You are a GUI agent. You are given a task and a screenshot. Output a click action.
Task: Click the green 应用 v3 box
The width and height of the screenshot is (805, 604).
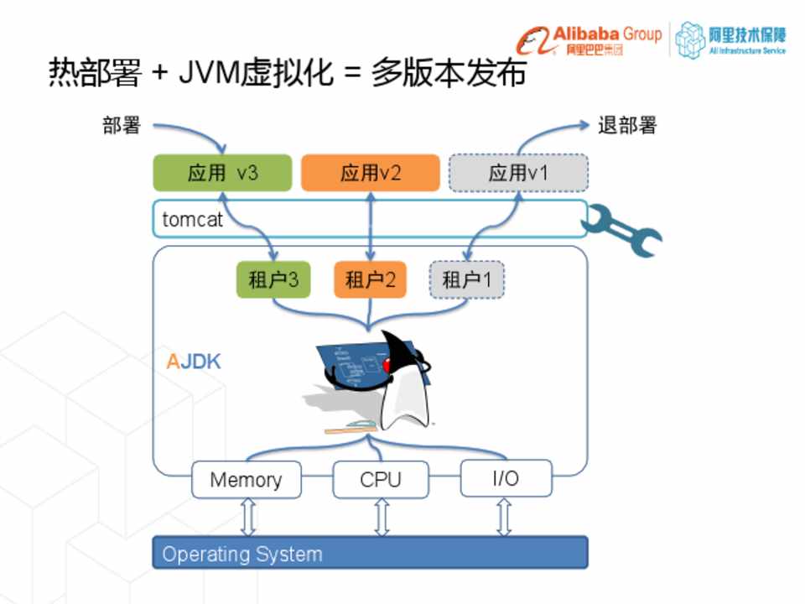[222, 173]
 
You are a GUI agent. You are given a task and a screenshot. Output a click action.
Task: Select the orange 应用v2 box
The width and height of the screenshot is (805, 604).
[370, 173]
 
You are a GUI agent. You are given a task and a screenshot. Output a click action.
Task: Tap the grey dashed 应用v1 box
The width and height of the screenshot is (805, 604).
[518, 173]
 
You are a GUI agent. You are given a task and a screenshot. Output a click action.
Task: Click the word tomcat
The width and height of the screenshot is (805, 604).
[193, 220]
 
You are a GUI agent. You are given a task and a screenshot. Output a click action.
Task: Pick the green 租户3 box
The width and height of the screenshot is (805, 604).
[273, 279]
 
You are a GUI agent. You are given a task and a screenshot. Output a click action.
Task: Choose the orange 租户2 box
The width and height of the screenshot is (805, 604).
[370, 279]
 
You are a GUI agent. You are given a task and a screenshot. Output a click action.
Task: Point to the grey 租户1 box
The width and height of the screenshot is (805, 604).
[466, 279]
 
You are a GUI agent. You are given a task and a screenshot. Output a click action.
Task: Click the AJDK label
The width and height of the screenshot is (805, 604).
[194, 362]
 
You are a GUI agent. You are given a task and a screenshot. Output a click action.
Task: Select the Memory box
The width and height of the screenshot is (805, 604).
[246, 480]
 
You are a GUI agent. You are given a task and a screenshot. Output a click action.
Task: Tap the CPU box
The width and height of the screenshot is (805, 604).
[381, 480]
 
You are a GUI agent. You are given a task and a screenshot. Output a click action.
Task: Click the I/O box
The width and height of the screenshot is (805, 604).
[506, 479]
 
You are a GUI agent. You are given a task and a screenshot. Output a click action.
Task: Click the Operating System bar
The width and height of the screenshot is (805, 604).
[370, 554]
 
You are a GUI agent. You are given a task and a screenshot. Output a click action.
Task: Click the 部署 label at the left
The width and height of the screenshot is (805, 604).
[122, 126]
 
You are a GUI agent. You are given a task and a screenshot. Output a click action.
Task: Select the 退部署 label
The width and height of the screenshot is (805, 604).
[627, 126]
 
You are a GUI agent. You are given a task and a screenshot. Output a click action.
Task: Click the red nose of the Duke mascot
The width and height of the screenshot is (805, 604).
[387, 366]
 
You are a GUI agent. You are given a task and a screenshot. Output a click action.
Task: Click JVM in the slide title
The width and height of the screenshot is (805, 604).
[206, 74]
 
